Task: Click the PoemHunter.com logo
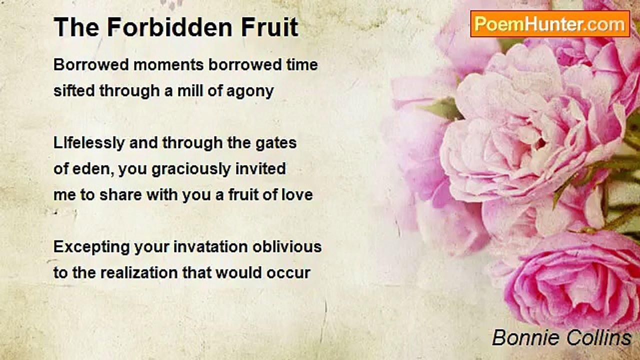(550, 23)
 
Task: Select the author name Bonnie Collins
(561, 338)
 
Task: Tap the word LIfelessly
(89, 143)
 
